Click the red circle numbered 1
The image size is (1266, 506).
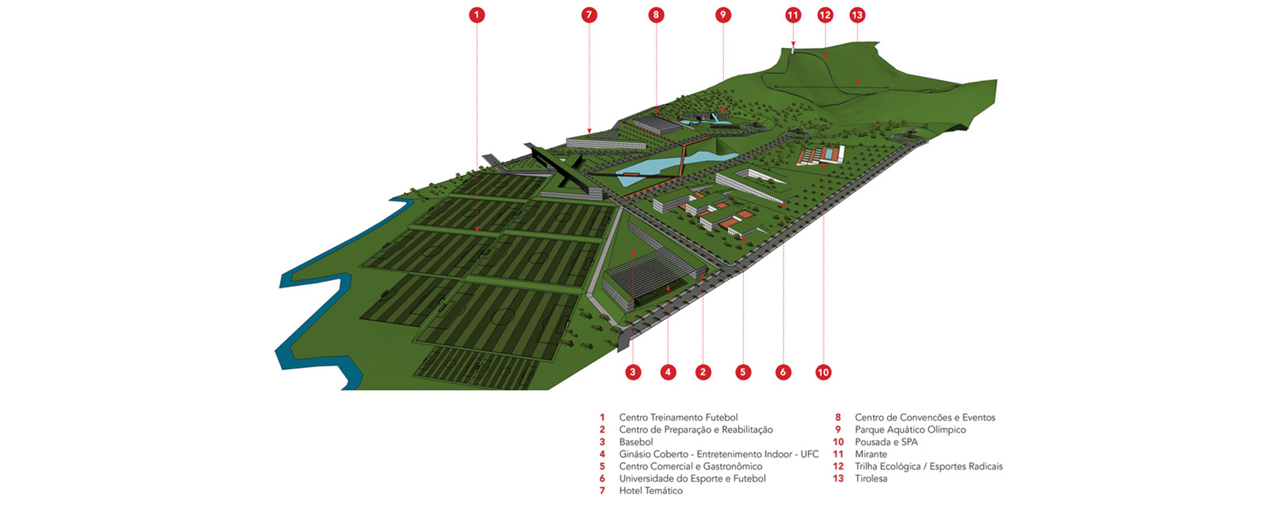click(x=476, y=15)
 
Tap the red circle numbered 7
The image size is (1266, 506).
click(x=589, y=15)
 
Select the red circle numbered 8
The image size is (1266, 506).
click(x=656, y=15)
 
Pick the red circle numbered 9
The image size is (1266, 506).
click(x=723, y=15)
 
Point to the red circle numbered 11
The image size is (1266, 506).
click(x=793, y=15)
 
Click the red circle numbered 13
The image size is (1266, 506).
click(x=857, y=15)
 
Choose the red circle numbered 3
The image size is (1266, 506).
click(x=632, y=372)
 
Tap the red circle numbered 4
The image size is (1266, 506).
click(x=668, y=372)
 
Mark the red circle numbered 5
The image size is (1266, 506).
click(x=743, y=372)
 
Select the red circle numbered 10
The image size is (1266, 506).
click(x=823, y=372)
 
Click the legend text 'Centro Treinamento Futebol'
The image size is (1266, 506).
click(x=678, y=417)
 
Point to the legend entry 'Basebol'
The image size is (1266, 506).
click(x=636, y=442)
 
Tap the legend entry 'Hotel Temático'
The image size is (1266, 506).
click(x=651, y=490)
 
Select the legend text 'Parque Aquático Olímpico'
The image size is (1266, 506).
click(x=910, y=430)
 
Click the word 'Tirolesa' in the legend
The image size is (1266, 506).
click(x=871, y=478)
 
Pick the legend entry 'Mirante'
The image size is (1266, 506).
click(x=871, y=454)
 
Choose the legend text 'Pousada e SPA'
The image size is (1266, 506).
click(x=886, y=442)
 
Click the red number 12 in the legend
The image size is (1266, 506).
click(x=838, y=466)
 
